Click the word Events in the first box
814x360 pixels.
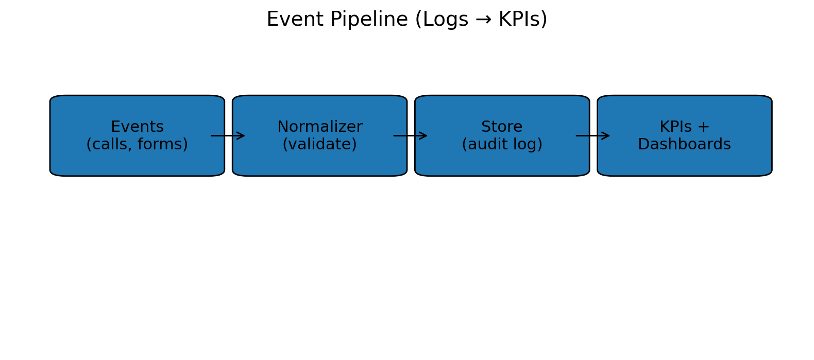click(137, 127)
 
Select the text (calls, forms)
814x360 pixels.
click(137, 145)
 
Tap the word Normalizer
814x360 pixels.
click(319, 127)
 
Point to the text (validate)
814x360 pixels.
click(319, 145)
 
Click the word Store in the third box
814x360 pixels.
click(502, 127)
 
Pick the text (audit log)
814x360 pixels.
click(502, 145)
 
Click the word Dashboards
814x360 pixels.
click(684, 145)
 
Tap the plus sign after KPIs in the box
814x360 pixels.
click(703, 127)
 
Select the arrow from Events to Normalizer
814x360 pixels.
click(228, 136)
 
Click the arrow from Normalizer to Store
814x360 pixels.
click(410, 136)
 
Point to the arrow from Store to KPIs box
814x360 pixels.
click(592, 136)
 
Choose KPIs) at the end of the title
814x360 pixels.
click(522, 20)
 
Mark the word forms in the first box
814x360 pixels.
click(165, 145)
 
